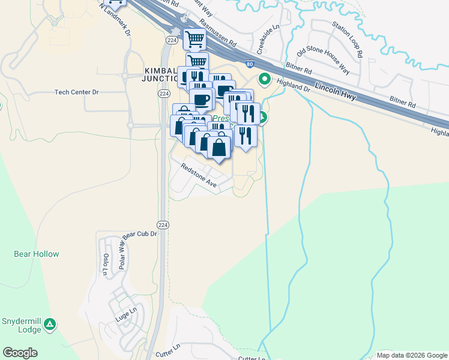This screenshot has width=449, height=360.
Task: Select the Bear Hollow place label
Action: [x=37, y=254]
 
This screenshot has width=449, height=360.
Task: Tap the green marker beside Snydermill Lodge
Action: [x=50, y=325]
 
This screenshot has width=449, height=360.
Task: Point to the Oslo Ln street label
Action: [x=105, y=265]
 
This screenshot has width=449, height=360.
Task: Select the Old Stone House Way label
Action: [x=328, y=59]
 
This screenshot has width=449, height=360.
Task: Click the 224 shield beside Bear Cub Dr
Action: [x=163, y=224]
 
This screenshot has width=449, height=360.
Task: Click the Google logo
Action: [x=20, y=353]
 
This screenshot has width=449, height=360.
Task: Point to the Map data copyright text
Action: [x=412, y=355]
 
